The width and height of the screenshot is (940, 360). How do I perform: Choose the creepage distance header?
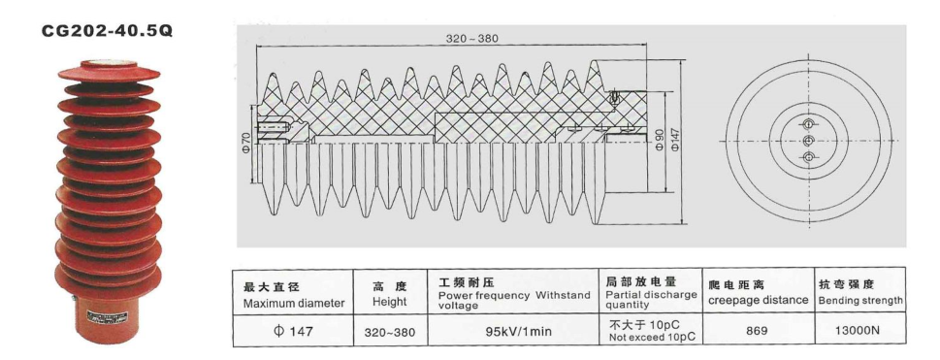759,293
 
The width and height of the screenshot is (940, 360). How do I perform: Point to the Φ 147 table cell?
293,331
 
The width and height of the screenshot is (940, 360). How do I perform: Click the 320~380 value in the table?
389,332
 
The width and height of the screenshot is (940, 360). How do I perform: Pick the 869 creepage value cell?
759,331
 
